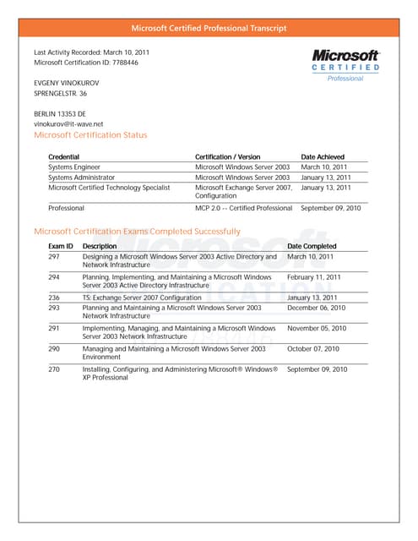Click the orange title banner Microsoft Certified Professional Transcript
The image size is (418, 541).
tap(209, 28)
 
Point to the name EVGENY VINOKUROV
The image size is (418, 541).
tap(67, 82)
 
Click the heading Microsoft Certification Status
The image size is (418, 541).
tap(90, 135)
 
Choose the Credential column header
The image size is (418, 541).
tap(64, 157)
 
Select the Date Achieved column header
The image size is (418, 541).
tap(323, 157)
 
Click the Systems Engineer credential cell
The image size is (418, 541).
tap(74, 167)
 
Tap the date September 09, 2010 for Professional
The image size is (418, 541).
tap(331, 208)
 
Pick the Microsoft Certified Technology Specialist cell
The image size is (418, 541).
tap(111, 188)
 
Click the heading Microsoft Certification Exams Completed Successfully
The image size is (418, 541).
tap(136, 231)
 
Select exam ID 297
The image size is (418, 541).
tap(54, 256)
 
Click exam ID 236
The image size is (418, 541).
tap(54, 298)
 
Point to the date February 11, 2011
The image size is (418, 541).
tap(313, 277)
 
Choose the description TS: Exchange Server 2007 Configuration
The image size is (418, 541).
tap(142, 298)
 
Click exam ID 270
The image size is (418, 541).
tap(54, 369)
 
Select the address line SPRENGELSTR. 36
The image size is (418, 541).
tap(61, 94)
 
